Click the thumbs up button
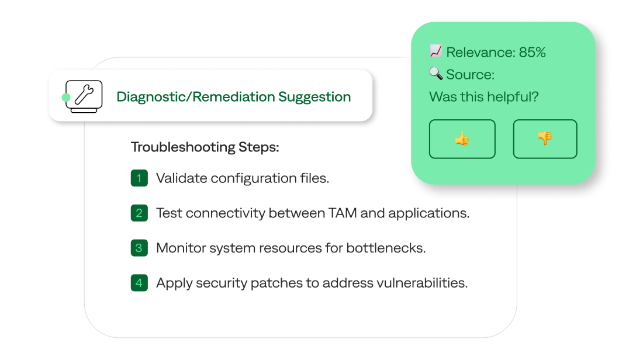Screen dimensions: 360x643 [x=462, y=139]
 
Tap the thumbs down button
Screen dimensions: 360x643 [x=545, y=139]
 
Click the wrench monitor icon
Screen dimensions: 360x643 [x=84, y=96]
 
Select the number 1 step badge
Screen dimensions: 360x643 [x=139, y=178]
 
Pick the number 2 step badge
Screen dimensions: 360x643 [x=139, y=213]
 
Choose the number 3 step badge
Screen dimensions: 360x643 [x=139, y=248]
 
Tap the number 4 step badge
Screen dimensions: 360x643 [x=139, y=283]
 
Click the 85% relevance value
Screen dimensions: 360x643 [x=532, y=52]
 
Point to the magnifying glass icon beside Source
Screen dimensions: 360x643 [x=435, y=74]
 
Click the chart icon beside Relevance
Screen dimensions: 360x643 [x=435, y=51]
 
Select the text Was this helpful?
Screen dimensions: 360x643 [x=483, y=96]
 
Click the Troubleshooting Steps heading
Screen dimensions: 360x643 [x=205, y=147]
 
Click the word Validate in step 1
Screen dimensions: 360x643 [x=181, y=178]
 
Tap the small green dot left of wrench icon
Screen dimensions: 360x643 [x=66, y=97]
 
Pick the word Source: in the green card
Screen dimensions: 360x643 [x=470, y=74]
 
